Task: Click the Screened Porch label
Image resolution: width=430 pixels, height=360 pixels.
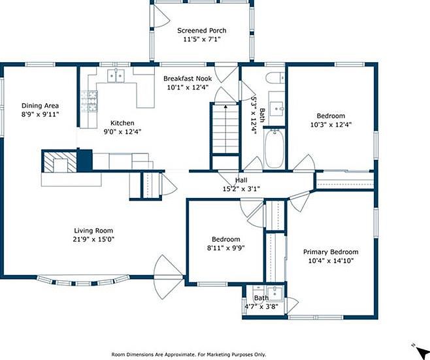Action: pos(201,31)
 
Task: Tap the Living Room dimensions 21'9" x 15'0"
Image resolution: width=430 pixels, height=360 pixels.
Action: pos(93,239)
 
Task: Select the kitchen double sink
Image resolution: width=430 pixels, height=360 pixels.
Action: pos(116,76)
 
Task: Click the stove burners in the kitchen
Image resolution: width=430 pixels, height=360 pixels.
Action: pos(89,101)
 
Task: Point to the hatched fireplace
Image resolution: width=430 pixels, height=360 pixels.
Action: pos(60,162)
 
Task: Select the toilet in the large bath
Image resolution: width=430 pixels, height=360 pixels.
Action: pos(276,78)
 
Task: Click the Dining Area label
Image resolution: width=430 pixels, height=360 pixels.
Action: pos(40,106)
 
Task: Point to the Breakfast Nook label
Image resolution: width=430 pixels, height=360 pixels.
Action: pos(188,78)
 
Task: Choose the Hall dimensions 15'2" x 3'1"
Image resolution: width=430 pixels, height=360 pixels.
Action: pos(241,189)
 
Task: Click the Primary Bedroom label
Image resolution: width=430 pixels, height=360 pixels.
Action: pos(331,252)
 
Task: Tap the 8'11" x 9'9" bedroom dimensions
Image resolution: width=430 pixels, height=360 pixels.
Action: pos(226,248)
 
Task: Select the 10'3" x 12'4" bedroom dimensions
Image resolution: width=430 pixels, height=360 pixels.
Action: pos(331,125)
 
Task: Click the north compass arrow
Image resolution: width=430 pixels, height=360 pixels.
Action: pos(421,351)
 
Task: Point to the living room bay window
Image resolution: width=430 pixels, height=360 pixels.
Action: pos(83,281)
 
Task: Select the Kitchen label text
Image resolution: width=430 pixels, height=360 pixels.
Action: pos(122,123)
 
